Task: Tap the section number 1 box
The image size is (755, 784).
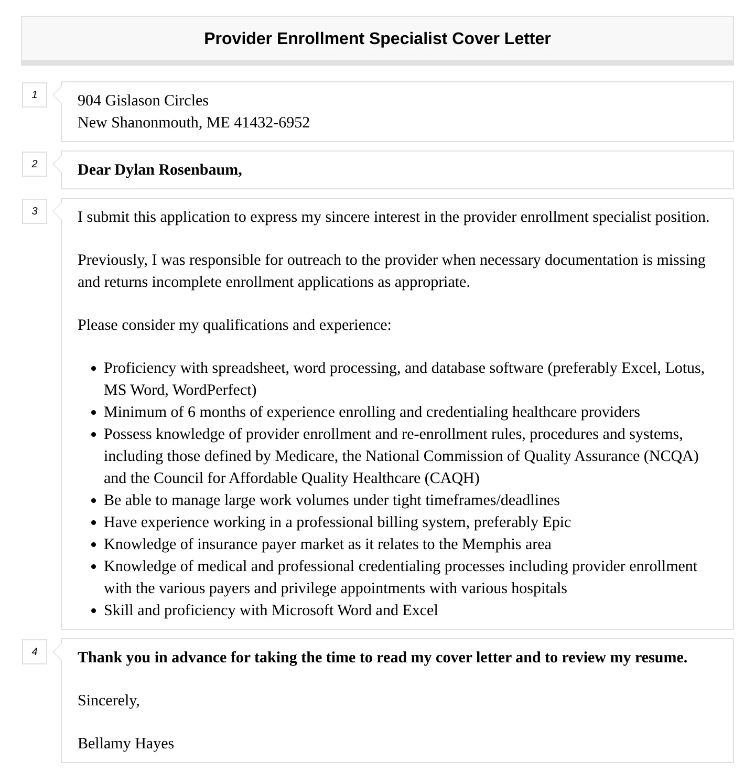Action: (35, 95)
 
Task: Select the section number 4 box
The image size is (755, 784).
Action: (35, 652)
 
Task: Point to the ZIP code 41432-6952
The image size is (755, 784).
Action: (272, 122)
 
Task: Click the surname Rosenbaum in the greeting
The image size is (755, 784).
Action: (200, 169)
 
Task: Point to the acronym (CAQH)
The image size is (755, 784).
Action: (452, 478)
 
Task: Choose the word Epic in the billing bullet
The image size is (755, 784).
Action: (556, 522)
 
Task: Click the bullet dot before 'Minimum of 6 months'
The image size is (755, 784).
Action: (94, 413)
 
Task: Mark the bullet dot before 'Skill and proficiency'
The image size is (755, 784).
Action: (94, 611)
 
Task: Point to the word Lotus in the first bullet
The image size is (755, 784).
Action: (684, 368)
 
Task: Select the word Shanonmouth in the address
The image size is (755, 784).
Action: (155, 122)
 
